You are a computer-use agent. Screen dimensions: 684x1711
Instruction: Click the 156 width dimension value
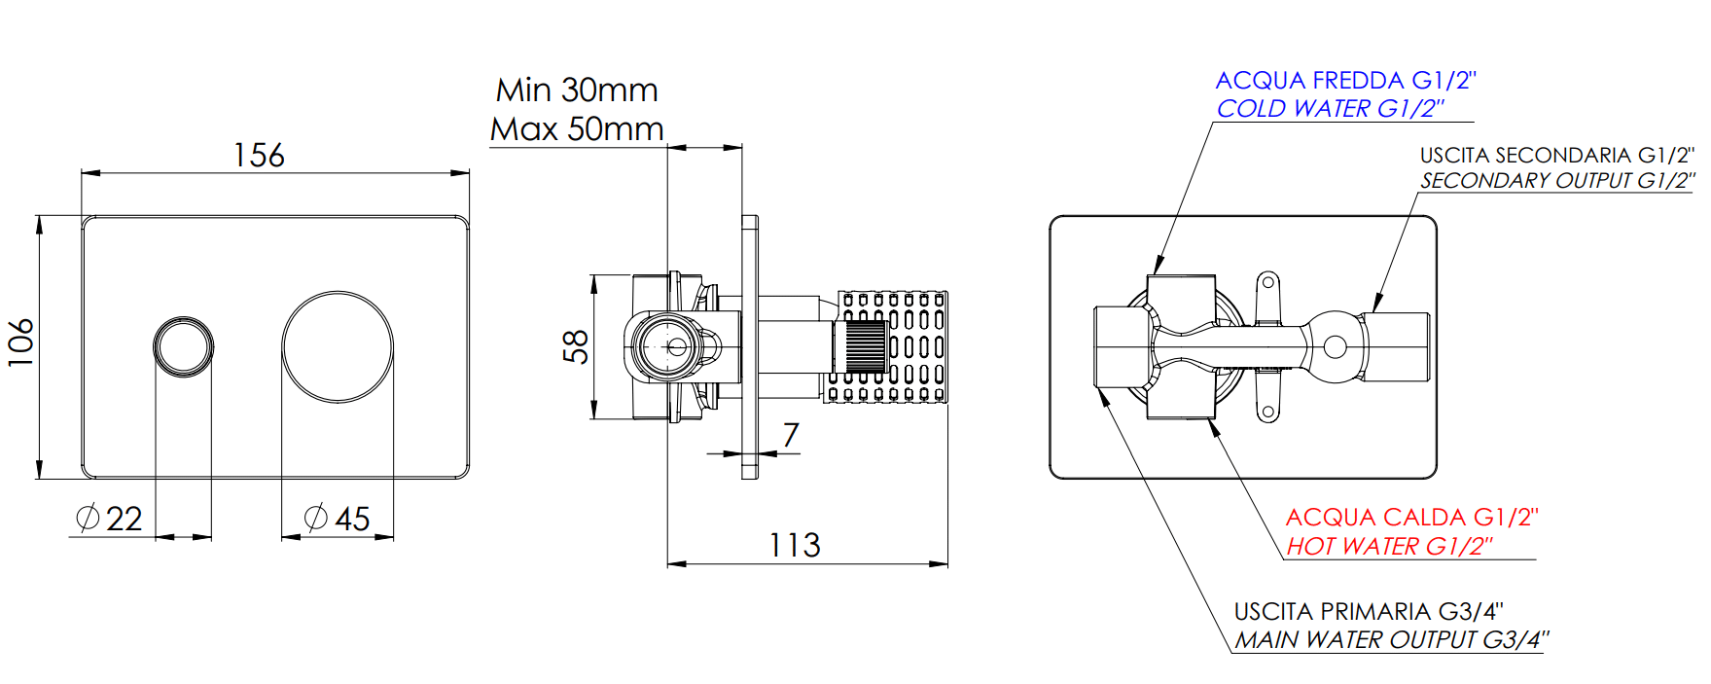coord(259,156)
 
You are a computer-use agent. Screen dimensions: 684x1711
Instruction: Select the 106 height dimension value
coord(21,342)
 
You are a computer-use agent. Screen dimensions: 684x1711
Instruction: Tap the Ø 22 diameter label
coord(110,519)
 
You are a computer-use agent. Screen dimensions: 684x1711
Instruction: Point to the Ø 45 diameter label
coord(338,519)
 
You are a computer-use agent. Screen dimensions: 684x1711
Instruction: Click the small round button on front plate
coord(183,345)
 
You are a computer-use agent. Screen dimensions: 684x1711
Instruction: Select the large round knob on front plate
coord(338,346)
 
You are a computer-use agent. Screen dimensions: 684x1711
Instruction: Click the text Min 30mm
coord(577,90)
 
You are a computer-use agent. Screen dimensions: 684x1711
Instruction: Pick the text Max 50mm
coord(577,128)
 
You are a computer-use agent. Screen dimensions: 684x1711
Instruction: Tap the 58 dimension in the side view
coord(576,346)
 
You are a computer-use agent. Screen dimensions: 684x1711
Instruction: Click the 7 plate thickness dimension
coord(791,434)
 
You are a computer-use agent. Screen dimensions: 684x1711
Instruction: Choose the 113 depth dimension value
coord(795,545)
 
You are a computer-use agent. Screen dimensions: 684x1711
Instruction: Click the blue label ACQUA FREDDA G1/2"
coord(1345,81)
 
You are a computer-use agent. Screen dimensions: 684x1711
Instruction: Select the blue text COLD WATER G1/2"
coord(1330,108)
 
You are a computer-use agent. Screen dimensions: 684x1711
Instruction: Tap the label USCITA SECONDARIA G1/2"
coord(1556,156)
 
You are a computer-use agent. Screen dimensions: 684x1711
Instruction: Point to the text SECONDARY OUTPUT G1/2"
coord(1556,181)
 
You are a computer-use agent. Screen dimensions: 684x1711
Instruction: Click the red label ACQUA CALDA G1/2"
coord(1411,518)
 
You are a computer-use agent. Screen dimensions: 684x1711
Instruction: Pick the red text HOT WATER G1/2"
coord(1389,547)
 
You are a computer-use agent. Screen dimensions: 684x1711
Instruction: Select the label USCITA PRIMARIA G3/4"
coord(1369,612)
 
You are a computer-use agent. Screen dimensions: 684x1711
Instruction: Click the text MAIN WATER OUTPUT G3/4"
coord(1391,640)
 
